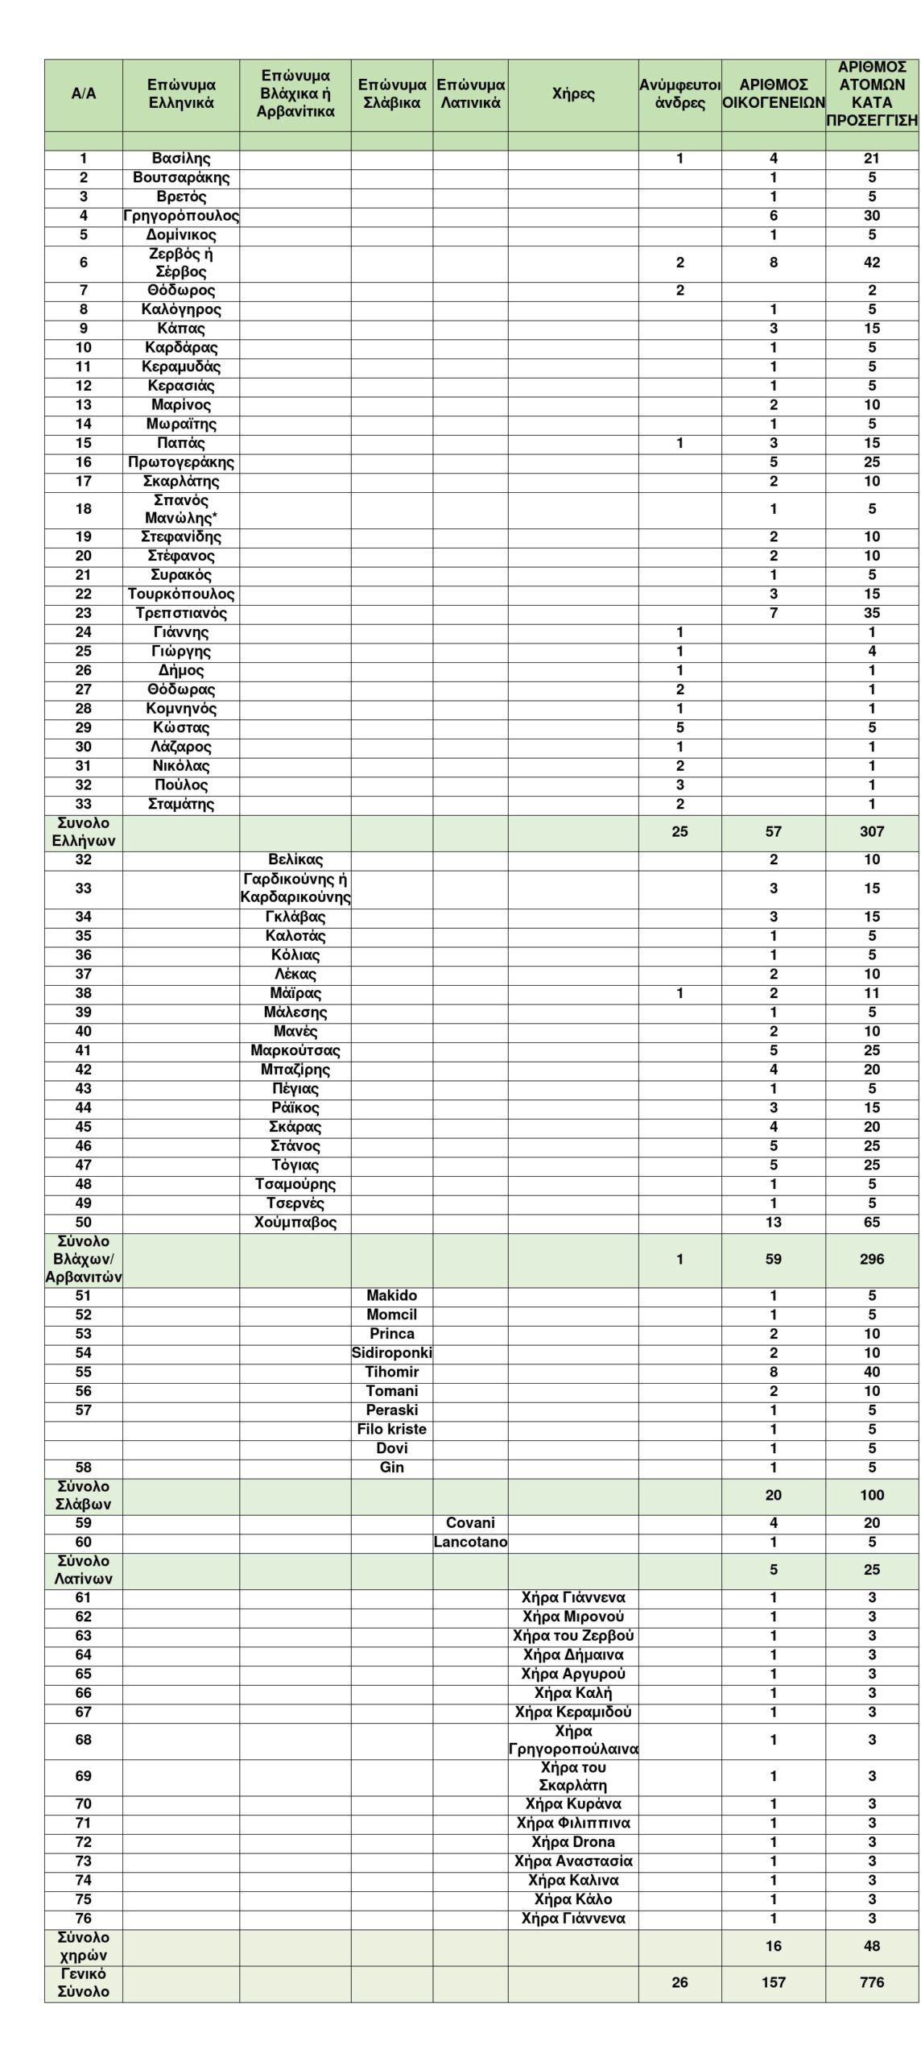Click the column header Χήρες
pyautogui.click(x=573, y=93)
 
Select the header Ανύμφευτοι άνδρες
pyautogui.click(x=679, y=93)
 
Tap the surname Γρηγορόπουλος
pyautogui.click(x=181, y=216)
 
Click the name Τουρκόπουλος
pyautogui.click(x=181, y=594)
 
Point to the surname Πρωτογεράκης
pyautogui.click(x=181, y=462)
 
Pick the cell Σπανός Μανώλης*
pyautogui.click(x=181, y=509)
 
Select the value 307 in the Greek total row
pyautogui.click(x=872, y=831)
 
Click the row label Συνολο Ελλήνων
pyautogui.click(x=84, y=831)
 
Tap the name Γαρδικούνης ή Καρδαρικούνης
pyautogui.click(x=295, y=888)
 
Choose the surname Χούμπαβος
pyautogui.click(x=295, y=1223)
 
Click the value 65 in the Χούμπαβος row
pyautogui.click(x=872, y=1223)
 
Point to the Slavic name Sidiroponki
pyautogui.click(x=392, y=1353)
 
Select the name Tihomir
pyautogui.click(x=392, y=1372)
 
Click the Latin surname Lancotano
pyautogui.click(x=470, y=1542)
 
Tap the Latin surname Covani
pyautogui.click(x=470, y=1523)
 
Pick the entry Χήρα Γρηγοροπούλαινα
pyautogui.click(x=573, y=1740)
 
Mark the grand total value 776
pyautogui.click(x=872, y=1982)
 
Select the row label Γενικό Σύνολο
pyautogui.click(x=84, y=1982)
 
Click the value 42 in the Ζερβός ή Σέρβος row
pyautogui.click(x=872, y=263)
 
